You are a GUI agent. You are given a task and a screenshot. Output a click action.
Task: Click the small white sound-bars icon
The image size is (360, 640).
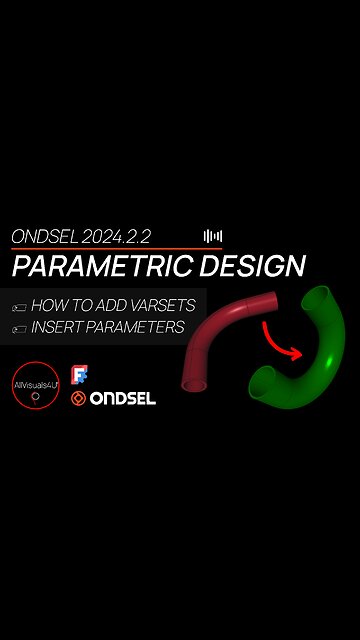pos(213,236)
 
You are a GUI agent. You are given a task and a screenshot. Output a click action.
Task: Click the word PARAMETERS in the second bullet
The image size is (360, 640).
pos(142,326)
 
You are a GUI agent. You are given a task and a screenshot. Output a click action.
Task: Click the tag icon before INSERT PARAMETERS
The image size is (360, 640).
pos(17,327)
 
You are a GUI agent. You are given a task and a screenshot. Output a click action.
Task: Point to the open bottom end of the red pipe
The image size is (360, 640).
pos(194,384)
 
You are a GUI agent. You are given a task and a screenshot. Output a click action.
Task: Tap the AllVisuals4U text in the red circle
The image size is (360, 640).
pos(37,383)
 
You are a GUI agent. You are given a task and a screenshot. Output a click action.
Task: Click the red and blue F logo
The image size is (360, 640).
pos(80,376)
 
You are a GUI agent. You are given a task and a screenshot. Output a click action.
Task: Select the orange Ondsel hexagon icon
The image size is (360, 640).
pos(80,399)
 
